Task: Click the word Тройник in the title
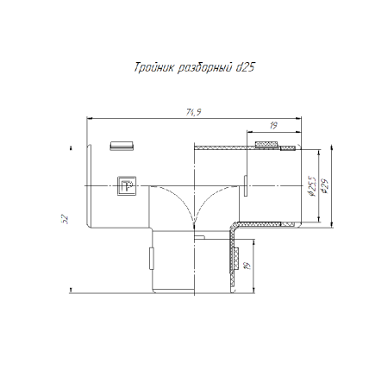(154, 68)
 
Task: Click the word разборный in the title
(204, 68)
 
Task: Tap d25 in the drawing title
(245, 67)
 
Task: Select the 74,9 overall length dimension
(193, 112)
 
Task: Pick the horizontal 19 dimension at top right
(273, 126)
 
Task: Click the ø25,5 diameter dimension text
(311, 186)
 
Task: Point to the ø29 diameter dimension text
(325, 186)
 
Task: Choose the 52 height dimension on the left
(66, 219)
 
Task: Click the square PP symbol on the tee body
(127, 185)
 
